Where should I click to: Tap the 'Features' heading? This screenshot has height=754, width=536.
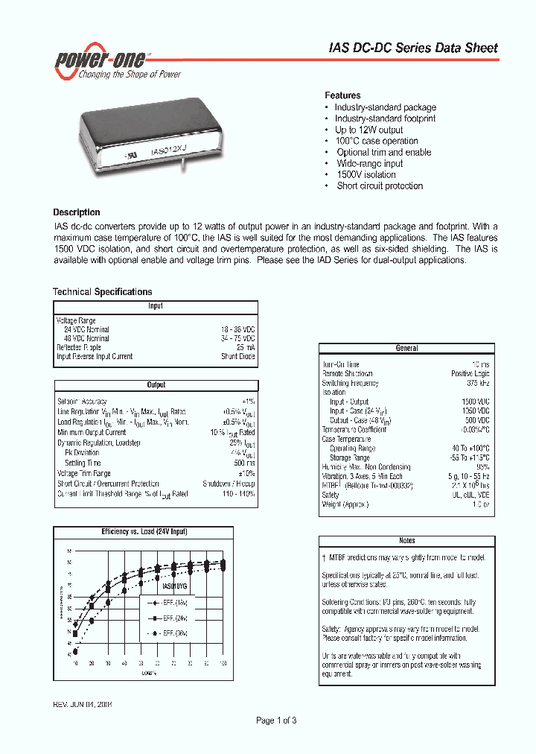(x=342, y=95)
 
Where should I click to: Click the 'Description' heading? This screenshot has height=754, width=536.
(x=76, y=212)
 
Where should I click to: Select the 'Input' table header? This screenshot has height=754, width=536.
(x=155, y=306)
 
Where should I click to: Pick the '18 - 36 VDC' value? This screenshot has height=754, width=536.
(x=238, y=329)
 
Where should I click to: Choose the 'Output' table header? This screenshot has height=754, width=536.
(x=156, y=385)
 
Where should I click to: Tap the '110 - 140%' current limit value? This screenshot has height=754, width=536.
(x=238, y=493)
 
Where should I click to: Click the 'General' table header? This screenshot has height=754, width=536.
(x=406, y=348)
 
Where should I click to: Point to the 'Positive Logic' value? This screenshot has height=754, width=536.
(x=470, y=374)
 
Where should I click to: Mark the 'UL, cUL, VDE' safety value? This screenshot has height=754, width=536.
(x=470, y=495)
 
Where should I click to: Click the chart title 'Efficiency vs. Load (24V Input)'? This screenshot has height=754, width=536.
(x=144, y=531)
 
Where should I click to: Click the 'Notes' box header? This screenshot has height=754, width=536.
(x=406, y=540)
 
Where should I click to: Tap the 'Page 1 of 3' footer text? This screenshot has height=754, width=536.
(x=276, y=720)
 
